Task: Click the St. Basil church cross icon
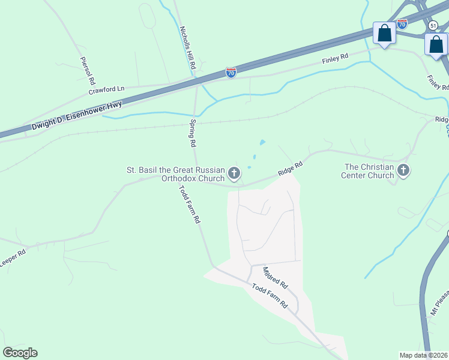pos(234,174)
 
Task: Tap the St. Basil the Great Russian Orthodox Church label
pos(175,174)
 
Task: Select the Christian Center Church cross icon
pos(403,171)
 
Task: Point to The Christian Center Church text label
pos(367,171)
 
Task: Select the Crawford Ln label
pos(106,90)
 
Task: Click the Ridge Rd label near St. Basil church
pos(290,168)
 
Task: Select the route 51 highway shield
pos(432,25)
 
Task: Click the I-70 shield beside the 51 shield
pos(402,24)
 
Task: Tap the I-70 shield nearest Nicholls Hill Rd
pos(231,72)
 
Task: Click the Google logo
pos(20,353)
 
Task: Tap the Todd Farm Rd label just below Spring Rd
pos(188,204)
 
